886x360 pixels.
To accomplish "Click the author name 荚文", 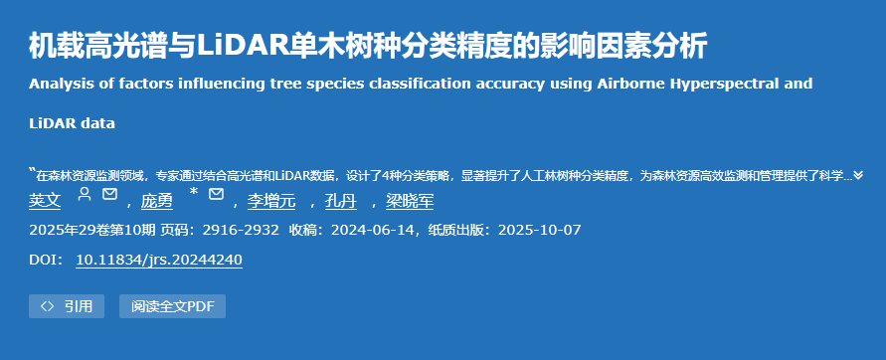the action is click(45, 201).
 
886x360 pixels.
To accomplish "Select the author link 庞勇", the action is click(157, 201).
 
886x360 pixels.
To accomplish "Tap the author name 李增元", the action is click(271, 201).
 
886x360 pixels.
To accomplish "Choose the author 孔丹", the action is click(341, 201).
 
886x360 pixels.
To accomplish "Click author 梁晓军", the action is click(410, 201).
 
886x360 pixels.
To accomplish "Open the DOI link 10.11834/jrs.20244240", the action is click(159, 260).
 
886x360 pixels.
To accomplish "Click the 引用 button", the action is click(67, 306).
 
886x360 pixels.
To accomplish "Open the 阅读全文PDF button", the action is click(172, 306).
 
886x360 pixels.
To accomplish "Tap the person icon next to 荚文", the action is click(85, 194).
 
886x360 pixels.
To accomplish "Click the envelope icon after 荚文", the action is click(109, 194).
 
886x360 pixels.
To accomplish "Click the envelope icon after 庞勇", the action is click(217, 194).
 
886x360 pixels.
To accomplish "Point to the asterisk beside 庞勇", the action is click(194, 192).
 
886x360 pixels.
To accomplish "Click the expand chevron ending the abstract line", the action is click(858, 176).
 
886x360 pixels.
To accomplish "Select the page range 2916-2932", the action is click(241, 230).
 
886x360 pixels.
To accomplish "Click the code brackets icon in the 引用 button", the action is click(48, 306).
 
